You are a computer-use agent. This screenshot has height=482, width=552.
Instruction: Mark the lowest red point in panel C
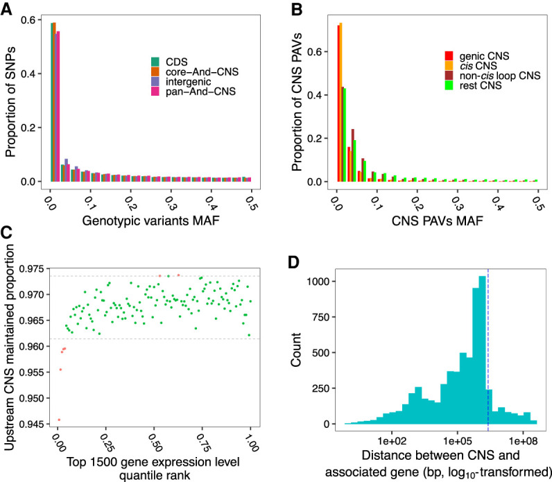click(58, 420)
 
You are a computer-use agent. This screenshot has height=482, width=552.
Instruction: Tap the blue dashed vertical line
click(488, 347)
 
